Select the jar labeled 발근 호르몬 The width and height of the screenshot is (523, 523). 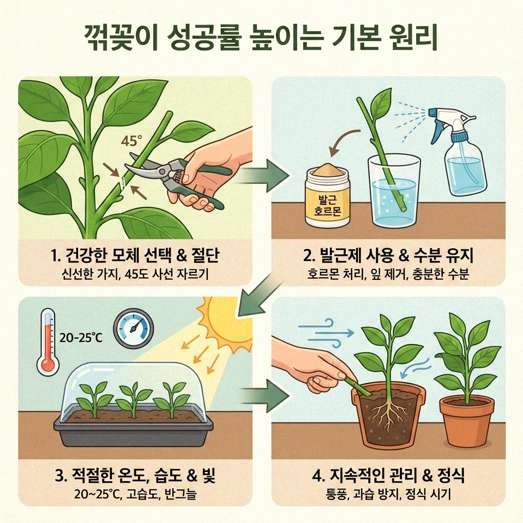[x=327, y=197]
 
